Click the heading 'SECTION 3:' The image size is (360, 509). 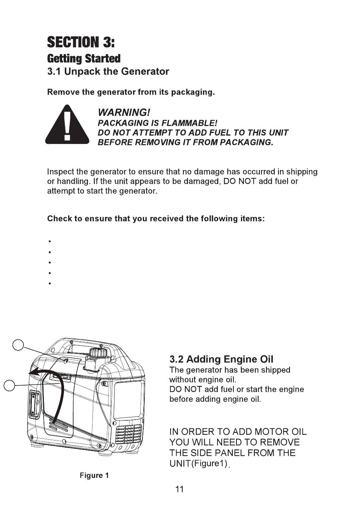click(81, 42)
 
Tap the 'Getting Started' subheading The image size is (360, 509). click(84, 59)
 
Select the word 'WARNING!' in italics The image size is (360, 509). click(124, 112)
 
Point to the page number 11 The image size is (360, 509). click(180, 489)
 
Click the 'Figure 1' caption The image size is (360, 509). click(94, 476)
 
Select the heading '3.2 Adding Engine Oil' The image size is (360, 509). click(221, 359)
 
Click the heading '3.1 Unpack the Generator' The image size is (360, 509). click(108, 72)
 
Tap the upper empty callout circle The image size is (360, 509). click(18, 345)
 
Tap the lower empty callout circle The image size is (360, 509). click(9, 386)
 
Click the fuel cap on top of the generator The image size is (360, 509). click(99, 353)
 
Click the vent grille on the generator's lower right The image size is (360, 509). click(129, 434)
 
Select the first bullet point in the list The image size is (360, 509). click(50, 241)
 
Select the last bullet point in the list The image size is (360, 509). click(50, 283)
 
